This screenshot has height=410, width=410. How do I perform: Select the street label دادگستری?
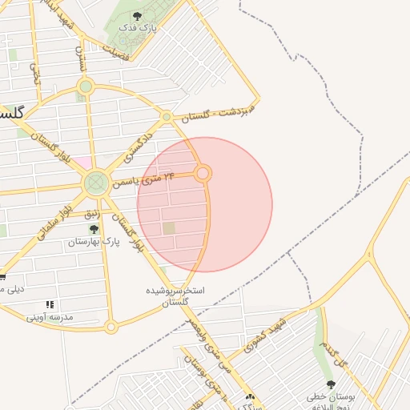click(140, 144)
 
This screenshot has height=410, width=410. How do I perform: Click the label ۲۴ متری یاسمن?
click(144, 179)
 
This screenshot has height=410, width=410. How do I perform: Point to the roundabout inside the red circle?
click(203, 173)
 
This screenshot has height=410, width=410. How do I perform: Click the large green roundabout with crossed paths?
click(97, 183)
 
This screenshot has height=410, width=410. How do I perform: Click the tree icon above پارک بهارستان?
click(94, 229)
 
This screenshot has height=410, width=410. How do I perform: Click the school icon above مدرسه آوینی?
click(50, 305)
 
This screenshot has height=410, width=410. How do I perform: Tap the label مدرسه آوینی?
click(50, 317)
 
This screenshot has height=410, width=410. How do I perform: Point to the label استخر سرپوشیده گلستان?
click(175, 295)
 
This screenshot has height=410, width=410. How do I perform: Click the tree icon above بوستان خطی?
click(331, 385)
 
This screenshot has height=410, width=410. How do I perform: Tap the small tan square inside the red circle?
click(169, 229)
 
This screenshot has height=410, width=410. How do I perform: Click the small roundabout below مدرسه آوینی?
click(111, 326)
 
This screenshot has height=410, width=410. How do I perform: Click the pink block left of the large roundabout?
click(81, 163)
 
